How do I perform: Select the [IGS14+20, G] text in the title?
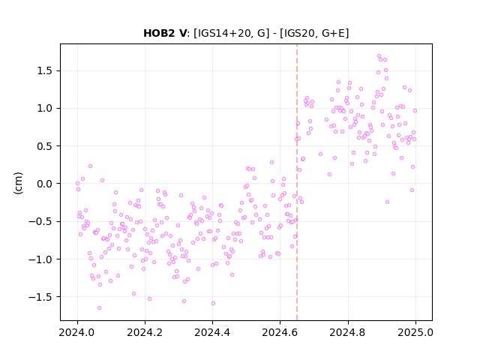point(232,33)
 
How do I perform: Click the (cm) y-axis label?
point(18,183)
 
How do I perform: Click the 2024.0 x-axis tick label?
point(77,332)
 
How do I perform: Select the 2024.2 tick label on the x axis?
point(145,332)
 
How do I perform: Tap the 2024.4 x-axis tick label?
point(212,332)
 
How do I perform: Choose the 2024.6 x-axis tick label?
point(280,332)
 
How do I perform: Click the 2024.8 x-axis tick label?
point(348,332)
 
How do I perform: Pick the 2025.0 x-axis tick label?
point(415,332)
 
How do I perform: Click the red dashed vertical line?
point(297,182)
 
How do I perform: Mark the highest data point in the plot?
point(379,56)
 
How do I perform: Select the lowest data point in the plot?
point(99,307)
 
